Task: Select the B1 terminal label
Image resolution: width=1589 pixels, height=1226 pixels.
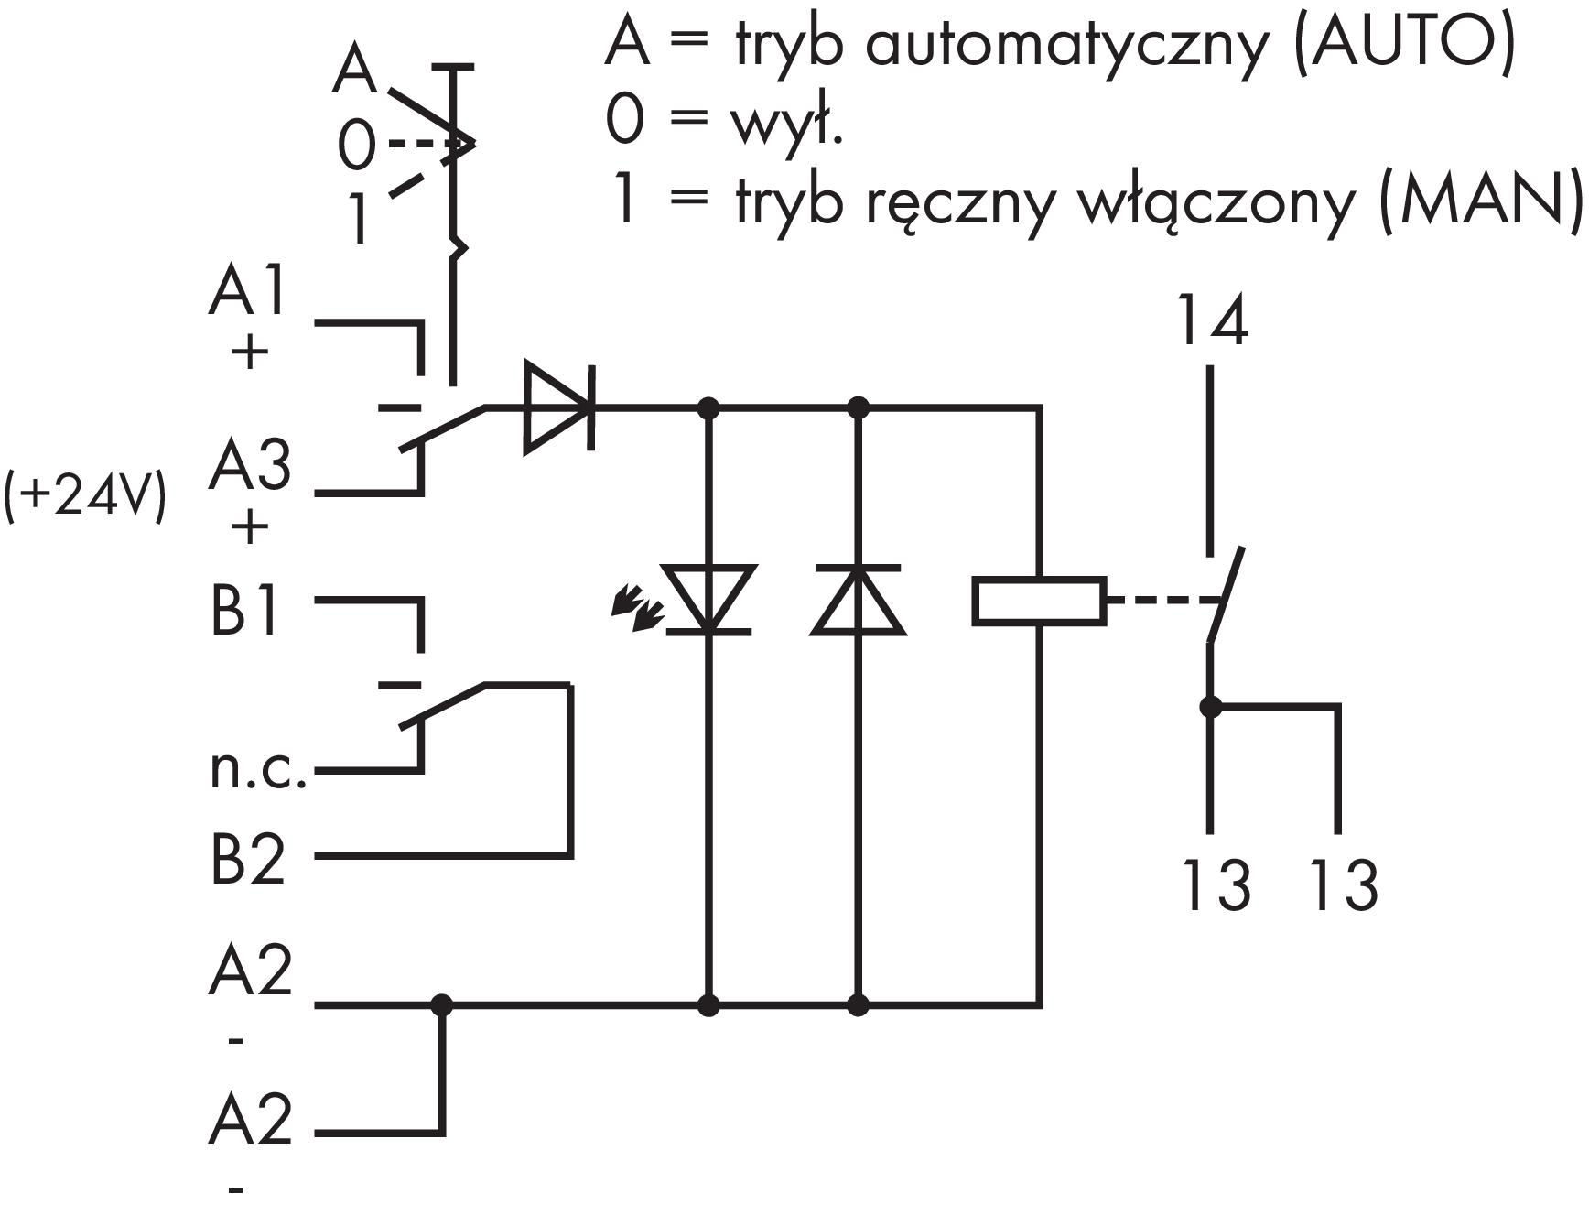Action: click(x=243, y=611)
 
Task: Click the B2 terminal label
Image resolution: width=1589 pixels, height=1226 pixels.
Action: click(x=248, y=859)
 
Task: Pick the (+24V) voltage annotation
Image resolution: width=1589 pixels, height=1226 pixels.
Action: click(x=85, y=498)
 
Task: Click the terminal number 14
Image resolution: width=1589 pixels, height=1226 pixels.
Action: click(x=1212, y=320)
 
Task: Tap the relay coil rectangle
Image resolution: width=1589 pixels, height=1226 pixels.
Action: click(x=1039, y=602)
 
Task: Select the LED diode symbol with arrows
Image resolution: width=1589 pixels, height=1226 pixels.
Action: click(x=707, y=600)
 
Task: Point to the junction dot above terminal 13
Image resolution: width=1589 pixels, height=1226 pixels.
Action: click(x=1211, y=707)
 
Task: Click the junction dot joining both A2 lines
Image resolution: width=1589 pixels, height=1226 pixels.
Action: click(x=442, y=1005)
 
